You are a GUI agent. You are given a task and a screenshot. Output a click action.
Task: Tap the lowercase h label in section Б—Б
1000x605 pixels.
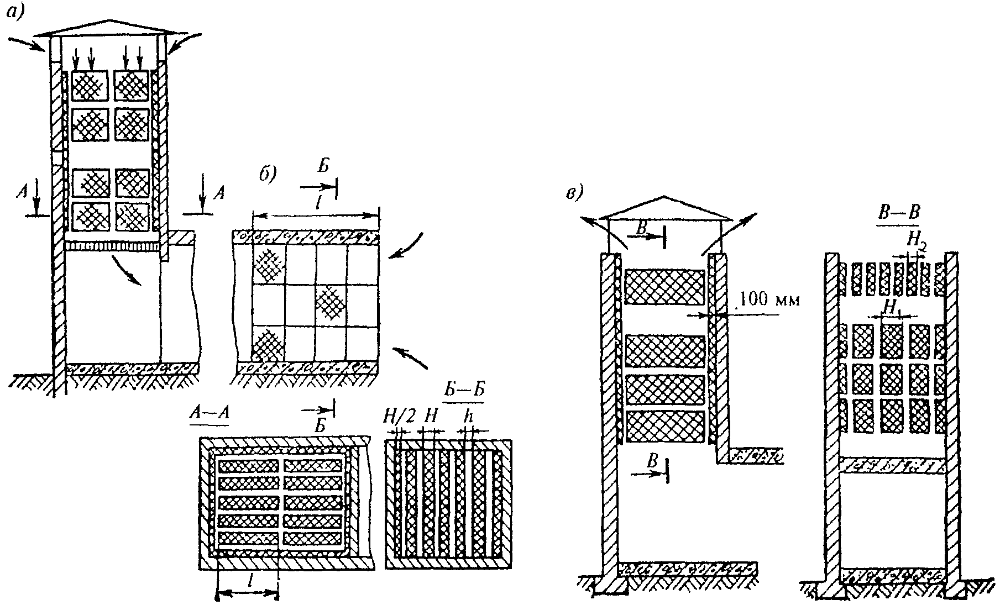pos(470,418)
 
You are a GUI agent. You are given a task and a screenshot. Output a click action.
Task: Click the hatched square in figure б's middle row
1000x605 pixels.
pos(331,304)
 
